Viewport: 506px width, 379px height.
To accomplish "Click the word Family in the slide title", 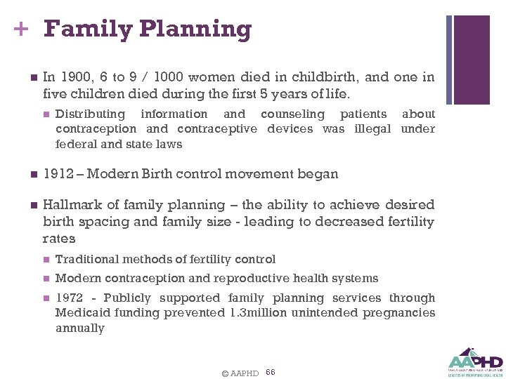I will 87,29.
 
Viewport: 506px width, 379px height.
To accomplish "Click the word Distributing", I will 90,114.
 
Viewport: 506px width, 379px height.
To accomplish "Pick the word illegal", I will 370,128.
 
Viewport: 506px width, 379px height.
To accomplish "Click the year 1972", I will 69,298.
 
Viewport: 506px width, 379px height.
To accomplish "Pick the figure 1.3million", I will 258,313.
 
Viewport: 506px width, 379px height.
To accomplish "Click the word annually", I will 79,328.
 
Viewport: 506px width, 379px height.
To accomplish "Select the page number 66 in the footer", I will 271,371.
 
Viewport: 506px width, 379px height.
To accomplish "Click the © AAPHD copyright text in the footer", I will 240,373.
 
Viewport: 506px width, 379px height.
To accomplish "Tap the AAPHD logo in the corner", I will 475,359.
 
